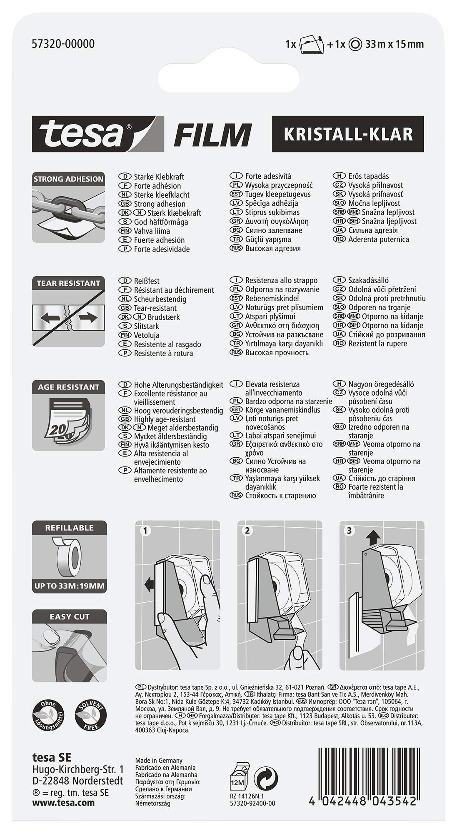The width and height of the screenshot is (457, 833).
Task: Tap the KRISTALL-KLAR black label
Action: coord(348,134)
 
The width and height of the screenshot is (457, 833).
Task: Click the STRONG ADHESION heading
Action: coord(68,179)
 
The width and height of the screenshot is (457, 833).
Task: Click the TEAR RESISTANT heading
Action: coord(68,283)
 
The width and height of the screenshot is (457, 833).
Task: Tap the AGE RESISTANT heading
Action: coord(68,387)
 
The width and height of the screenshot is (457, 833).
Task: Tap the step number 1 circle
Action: coord(145,531)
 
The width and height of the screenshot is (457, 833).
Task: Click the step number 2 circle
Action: coord(247,531)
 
